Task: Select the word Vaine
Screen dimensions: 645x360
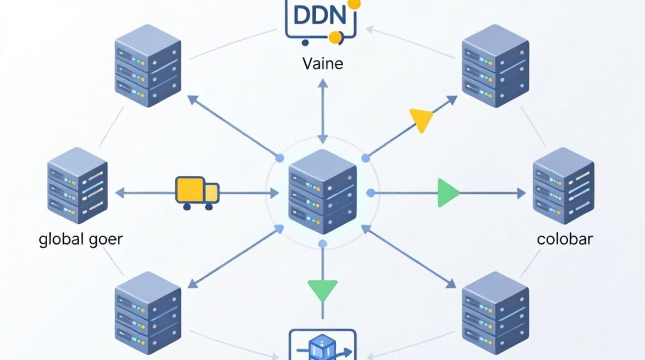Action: pyautogui.click(x=323, y=64)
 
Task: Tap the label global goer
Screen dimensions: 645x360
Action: pyautogui.click(x=81, y=240)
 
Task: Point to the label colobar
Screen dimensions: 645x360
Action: pyautogui.click(x=565, y=239)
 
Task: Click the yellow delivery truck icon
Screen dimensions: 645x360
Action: pyautogui.click(x=197, y=193)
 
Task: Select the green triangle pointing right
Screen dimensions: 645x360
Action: pyautogui.click(x=448, y=193)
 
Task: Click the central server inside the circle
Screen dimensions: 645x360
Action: pyautogui.click(x=322, y=192)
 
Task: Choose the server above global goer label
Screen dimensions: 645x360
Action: pyautogui.click(x=77, y=185)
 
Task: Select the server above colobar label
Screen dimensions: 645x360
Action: pyautogui.click(x=563, y=186)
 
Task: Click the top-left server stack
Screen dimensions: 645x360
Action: pyautogui.click(x=148, y=66)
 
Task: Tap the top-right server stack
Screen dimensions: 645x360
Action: pyautogui.click(x=495, y=66)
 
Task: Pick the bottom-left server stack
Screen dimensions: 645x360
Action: pyautogui.click(x=148, y=313)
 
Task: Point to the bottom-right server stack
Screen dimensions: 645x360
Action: pyautogui.click(x=495, y=313)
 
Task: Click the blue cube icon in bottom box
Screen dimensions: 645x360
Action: pyautogui.click(x=322, y=348)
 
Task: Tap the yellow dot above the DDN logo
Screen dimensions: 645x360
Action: pyautogui.click(x=354, y=4)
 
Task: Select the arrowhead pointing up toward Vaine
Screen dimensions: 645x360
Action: pyautogui.click(x=323, y=83)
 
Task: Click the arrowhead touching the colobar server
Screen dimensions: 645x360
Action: pyautogui.click(x=522, y=193)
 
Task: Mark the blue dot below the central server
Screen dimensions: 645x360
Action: pyautogui.click(x=323, y=244)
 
